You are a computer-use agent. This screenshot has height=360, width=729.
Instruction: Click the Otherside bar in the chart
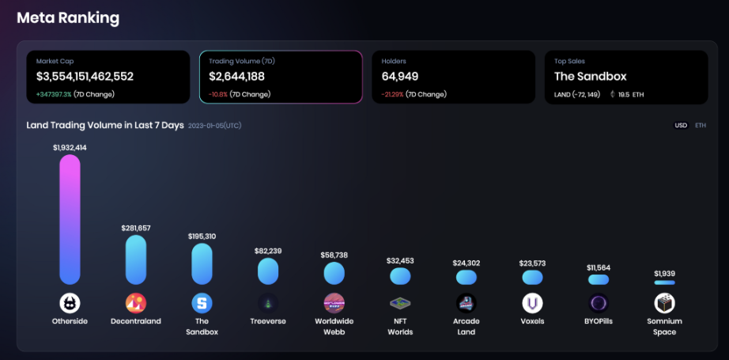[70, 219]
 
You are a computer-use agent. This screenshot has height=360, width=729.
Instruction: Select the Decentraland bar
[136, 260]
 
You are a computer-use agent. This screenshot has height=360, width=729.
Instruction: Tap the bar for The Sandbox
[202, 263]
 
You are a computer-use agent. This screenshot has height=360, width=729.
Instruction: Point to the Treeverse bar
[268, 271]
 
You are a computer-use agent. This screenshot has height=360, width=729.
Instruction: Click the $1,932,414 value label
[70, 147]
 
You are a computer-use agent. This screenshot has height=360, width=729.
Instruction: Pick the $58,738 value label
[334, 256]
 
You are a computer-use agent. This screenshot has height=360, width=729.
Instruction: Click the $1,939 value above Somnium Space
[664, 273]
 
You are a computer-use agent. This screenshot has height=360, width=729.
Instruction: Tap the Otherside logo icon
[70, 303]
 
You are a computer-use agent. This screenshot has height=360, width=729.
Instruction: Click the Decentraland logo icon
[136, 303]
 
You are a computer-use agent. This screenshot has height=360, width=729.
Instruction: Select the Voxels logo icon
[532, 303]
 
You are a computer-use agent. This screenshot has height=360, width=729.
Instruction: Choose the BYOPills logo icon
[599, 303]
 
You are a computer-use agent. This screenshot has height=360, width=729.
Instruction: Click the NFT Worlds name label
[400, 327]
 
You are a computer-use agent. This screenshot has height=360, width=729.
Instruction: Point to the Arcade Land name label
[466, 327]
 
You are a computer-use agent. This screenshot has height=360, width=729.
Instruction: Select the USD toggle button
[680, 126]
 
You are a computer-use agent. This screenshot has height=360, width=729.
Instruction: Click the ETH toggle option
[701, 126]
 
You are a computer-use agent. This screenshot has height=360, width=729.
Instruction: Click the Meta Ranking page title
[68, 18]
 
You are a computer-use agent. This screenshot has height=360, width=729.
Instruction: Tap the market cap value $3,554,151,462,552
[85, 77]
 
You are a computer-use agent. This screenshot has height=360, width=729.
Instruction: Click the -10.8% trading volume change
[218, 94]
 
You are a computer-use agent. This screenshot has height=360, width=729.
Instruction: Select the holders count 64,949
[400, 77]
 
